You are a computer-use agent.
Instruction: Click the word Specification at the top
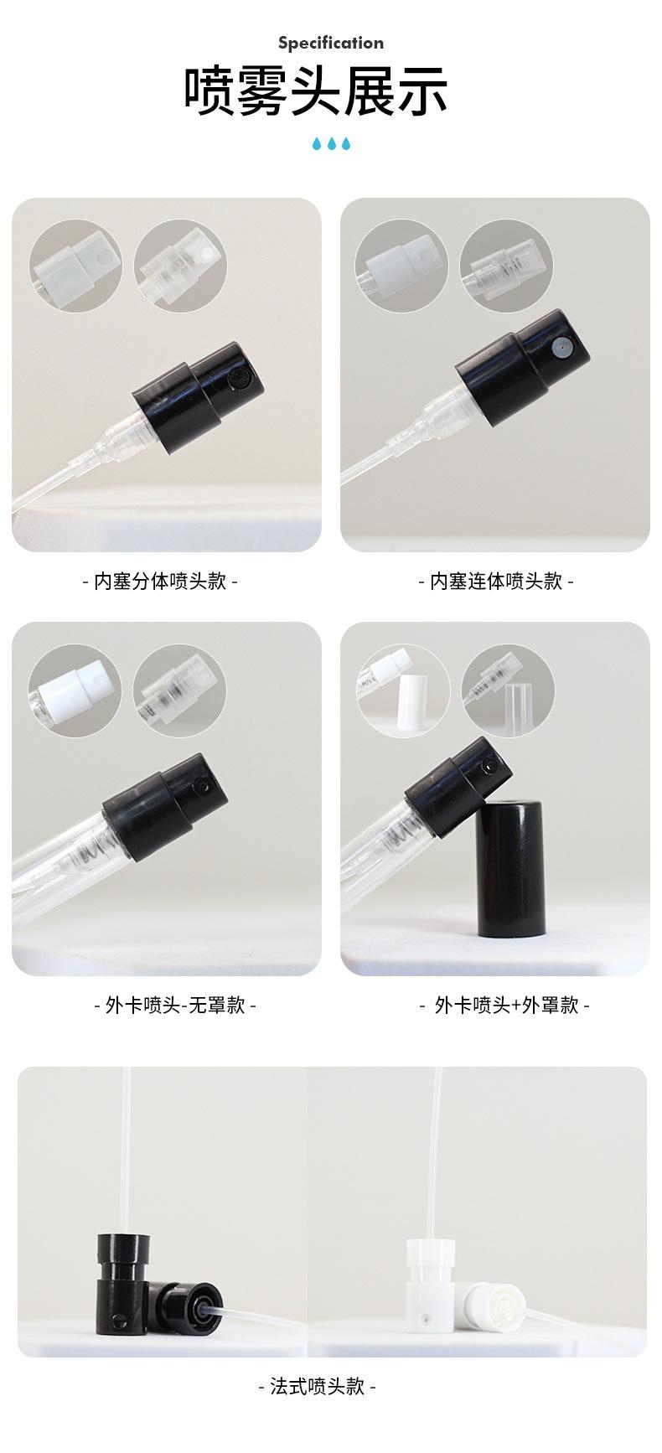[x=330, y=43]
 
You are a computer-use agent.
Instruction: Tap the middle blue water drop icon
[x=331, y=144]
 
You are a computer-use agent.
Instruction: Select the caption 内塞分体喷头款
[x=160, y=581]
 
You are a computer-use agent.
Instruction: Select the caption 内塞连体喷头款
[x=495, y=581]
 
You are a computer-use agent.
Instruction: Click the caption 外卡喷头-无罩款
[x=175, y=1005]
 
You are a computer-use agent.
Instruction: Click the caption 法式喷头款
[x=317, y=1386]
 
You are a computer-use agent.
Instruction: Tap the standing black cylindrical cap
[x=510, y=867]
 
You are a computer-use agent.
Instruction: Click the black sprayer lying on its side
[x=186, y=1308]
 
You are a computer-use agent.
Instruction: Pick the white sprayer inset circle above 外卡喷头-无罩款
[x=75, y=690]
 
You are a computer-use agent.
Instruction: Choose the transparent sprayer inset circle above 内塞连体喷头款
[x=506, y=266]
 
